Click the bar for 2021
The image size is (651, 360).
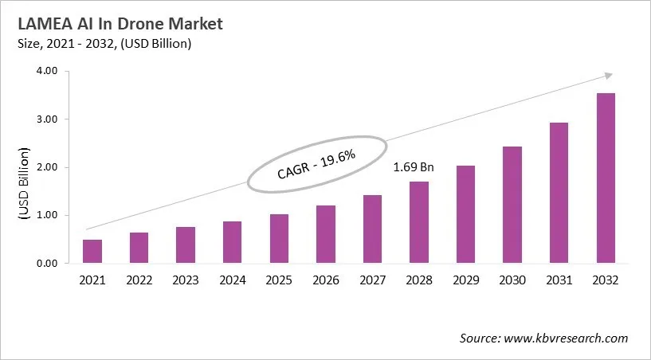tap(92, 251)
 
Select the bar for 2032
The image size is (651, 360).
tap(606, 178)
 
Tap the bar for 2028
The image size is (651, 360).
tap(419, 222)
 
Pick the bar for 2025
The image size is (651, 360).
tap(279, 238)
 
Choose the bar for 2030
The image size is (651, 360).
tap(512, 205)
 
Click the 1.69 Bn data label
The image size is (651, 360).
tap(414, 168)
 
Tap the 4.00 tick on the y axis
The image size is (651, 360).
tap(47, 71)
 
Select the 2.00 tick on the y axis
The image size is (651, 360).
tap(47, 167)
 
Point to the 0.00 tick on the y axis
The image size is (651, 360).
tap(47, 264)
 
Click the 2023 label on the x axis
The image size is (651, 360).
tap(186, 280)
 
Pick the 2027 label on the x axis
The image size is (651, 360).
tap(372, 280)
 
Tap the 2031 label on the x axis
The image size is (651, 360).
tap(559, 280)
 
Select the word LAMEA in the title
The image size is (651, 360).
tap(40, 24)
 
